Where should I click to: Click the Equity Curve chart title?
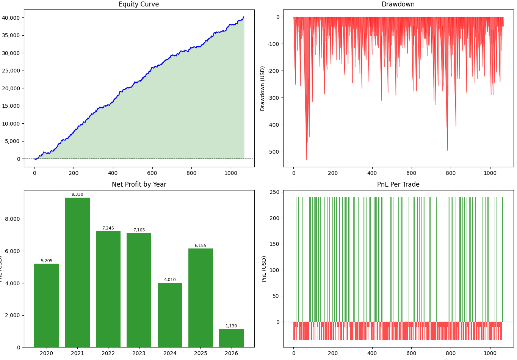139,5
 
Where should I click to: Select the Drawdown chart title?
398,5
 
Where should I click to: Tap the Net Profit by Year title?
139,184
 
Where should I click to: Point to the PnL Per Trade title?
398,184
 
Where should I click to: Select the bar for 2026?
231,338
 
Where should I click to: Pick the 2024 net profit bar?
170,315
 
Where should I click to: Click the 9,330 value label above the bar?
77,195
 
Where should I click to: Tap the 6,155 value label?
201,246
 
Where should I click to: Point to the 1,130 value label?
231,326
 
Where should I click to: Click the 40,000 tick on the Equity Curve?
11,18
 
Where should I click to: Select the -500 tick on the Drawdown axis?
273,152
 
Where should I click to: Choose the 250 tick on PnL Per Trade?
274,192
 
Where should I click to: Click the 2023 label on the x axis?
139,353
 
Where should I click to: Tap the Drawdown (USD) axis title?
263,88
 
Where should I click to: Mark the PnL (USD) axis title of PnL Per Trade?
264,269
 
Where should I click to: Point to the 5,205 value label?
47,261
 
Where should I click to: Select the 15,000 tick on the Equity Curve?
11,106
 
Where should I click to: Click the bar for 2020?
47,305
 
